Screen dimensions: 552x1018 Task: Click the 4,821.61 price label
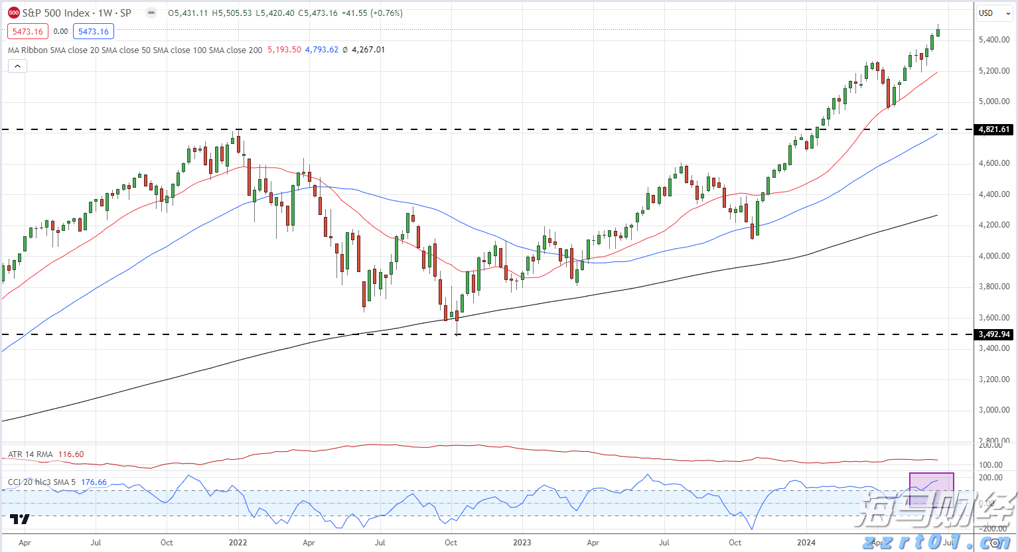[993, 129]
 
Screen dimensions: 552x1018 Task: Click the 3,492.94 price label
[993, 334]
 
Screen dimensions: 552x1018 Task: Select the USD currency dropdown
[993, 13]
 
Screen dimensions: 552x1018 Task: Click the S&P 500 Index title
[56, 13]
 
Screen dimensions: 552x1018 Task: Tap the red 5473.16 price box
[27, 31]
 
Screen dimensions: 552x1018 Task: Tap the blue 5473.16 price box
[94, 31]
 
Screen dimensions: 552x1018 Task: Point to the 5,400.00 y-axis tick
[993, 40]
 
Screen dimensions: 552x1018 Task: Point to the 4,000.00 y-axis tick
[993, 256]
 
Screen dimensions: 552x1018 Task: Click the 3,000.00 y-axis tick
[993, 410]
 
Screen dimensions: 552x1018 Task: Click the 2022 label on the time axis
[238, 543]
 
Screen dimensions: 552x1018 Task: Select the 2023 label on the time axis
[522, 543]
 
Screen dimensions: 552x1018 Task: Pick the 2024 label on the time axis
[806, 543]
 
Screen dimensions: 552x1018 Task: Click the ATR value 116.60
[71, 454]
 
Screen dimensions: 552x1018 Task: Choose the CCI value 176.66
[94, 482]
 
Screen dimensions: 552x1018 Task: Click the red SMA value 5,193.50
[284, 50]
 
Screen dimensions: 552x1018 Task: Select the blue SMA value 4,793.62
[322, 50]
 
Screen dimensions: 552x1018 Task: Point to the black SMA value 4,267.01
[368, 50]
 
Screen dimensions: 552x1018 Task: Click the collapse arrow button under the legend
[17, 66]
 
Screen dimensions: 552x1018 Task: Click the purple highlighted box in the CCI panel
[931, 490]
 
